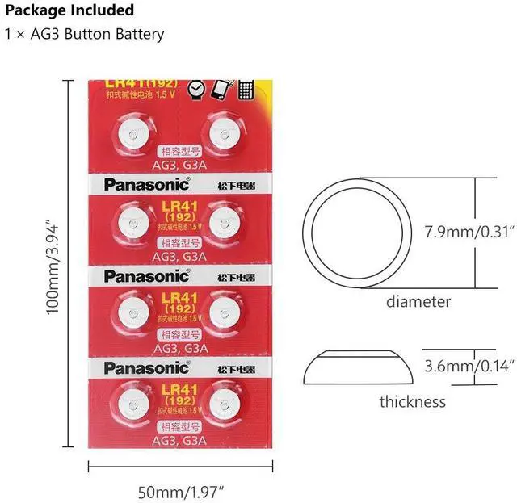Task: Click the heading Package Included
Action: coord(69,10)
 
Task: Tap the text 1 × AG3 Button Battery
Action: coord(84,34)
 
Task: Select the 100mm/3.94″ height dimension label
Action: coord(53,266)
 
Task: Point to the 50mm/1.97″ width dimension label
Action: coord(180,489)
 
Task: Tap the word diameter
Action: coord(418,302)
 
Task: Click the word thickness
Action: coord(412,401)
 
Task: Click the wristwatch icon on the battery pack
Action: coord(195,89)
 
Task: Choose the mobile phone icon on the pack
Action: coord(220,88)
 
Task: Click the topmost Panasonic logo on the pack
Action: coord(146,183)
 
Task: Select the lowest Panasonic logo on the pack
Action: coord(146,368)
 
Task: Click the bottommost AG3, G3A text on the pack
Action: coord(179,441)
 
